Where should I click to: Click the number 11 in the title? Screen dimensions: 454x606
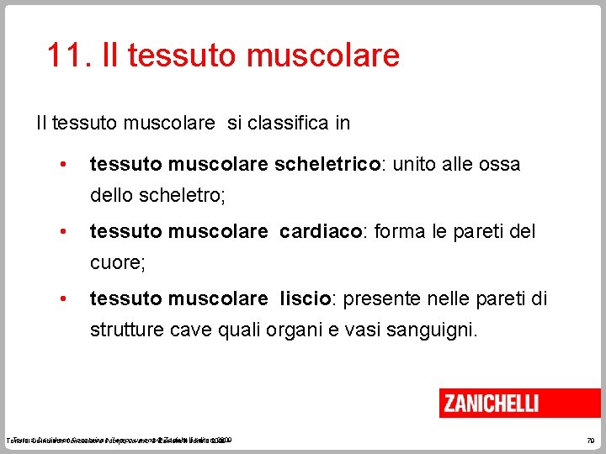coord(64,55)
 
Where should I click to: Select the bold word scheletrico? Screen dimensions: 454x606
coord(327,164)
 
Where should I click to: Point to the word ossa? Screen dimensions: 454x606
coord(499,164)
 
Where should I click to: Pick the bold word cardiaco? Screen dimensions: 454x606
coord(320,231)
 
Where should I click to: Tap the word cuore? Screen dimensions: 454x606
coord(115,263)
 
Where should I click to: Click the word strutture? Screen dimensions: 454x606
coord(126,330)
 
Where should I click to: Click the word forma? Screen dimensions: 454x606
coord(401,231)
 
